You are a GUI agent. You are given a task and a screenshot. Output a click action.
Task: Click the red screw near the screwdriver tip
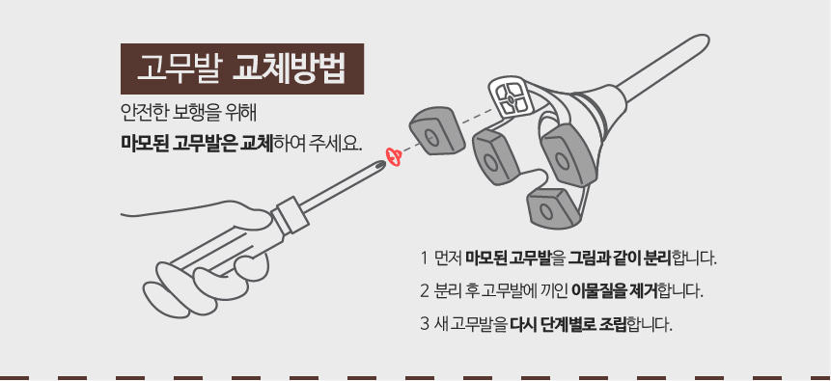point(393,156)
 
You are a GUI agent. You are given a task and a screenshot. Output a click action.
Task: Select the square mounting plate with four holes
point(512,97)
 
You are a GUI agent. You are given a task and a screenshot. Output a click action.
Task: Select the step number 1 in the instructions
point(424,259)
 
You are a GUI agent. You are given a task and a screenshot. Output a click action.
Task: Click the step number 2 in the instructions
point(425,289)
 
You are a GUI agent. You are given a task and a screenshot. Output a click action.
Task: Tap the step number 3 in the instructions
point(425,321)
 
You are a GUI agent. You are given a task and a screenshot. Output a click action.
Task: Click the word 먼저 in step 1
point(449,259)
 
